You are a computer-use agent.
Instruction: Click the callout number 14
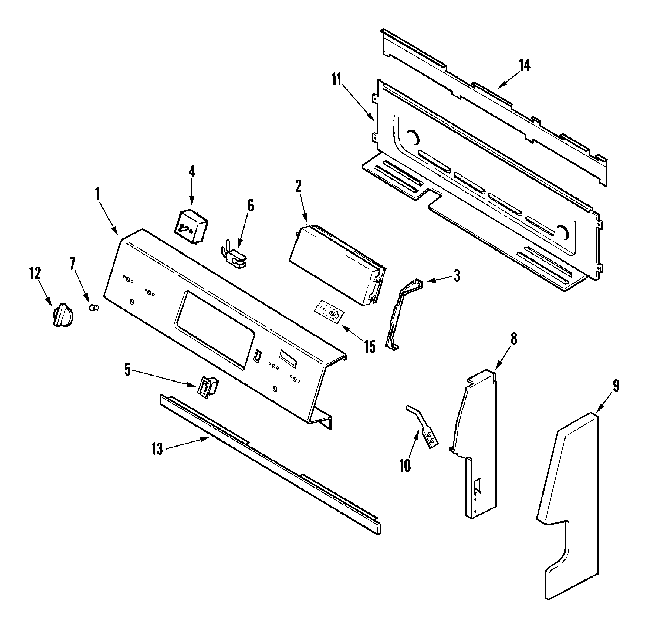click(524, 66)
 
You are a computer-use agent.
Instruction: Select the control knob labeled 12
click(63, 315)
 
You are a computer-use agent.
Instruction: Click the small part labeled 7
click(94, 308)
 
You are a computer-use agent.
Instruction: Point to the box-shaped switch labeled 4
click(190, 227)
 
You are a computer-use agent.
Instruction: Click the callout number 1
click(97, 194)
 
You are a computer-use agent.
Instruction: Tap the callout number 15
click(370, 347)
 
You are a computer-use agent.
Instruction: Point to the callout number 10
click(405, 465)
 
